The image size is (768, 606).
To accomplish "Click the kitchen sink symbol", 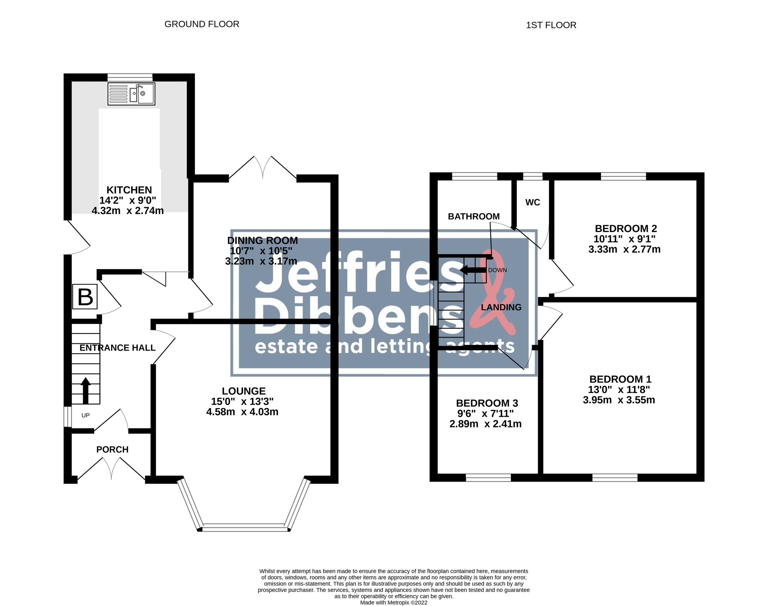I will pos(131,94).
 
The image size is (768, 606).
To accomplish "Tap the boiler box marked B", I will pos(85,297).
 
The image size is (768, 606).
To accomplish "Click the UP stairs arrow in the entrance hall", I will pos(85,391).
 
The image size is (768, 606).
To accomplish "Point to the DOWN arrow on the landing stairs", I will pos(473,271).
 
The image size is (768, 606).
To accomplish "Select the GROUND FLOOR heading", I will pos(202,24).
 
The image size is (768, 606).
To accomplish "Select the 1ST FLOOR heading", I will pos(551,25).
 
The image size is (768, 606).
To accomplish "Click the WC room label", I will pos(532,202).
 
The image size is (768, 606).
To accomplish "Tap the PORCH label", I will pos(112,449).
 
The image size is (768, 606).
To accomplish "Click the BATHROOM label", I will pos(474,216).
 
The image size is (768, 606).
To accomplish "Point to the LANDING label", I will pos(501,307).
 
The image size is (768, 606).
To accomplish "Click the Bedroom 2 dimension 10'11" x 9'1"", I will pos(624,239).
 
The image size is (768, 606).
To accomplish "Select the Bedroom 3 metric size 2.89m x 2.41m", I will pos(485,424).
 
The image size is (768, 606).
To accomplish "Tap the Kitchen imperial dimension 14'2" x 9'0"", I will pos(128,200).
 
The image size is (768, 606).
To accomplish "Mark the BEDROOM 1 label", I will pos(620,379).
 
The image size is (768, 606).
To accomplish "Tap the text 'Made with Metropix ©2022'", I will pos(393,602).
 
